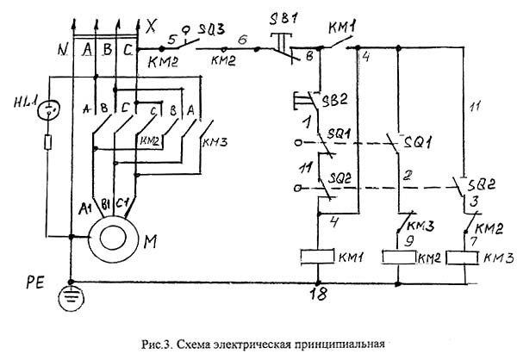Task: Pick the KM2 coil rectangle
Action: (399, 257)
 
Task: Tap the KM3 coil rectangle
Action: (464, 257)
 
